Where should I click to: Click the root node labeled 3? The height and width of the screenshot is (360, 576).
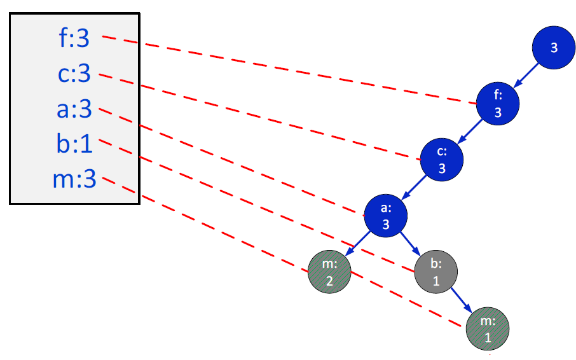[554, 48]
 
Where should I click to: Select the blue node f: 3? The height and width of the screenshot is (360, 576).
[498, 104]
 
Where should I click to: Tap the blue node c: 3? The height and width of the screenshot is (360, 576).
[442, 160]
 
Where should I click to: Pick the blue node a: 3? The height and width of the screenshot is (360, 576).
[385, 216]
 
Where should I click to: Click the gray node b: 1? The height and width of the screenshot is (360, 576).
[436, 272]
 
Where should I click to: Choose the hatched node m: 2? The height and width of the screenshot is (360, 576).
[329, 272]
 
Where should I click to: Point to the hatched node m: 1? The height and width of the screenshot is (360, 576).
[488, 329]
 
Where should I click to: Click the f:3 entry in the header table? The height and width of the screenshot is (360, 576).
[74, 39]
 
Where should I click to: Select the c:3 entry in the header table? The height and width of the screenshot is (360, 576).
[74, 75]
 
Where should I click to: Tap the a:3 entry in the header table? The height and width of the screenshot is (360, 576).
[74, 110]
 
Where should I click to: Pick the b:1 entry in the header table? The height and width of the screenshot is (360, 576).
[74, 145]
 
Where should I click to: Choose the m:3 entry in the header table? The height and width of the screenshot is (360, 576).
[74, 180]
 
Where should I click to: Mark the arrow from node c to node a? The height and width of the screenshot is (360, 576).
[413, 188]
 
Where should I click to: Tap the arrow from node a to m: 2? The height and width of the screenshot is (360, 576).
[357, 244]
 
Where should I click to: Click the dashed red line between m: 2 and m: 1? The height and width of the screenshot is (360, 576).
[407, 299]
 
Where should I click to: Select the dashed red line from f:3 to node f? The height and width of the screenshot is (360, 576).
[286, 69]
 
